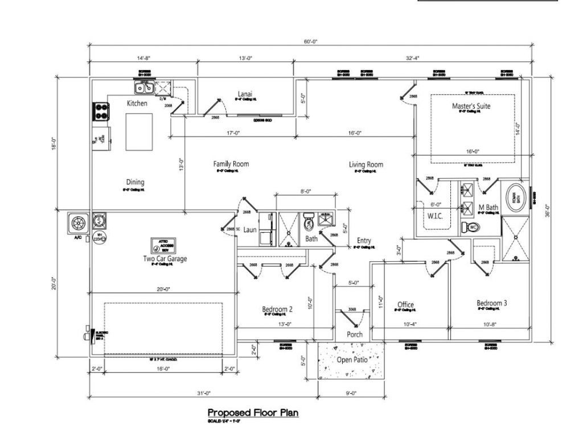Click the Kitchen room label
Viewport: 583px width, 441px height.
[137, 104]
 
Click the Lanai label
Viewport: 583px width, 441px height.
[245, 94]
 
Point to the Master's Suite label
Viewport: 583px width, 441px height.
[471, 106]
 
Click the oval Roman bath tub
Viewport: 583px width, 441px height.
[515, 197]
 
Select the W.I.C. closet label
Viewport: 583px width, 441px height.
[436, 217]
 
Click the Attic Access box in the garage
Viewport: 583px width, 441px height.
[162, 246]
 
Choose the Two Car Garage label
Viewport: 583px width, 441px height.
[165, 259]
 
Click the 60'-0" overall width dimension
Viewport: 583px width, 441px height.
[310, 41]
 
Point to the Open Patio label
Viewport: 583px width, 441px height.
[352, 360]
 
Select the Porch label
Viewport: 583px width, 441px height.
[355, 335]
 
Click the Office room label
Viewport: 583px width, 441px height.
[405, 304]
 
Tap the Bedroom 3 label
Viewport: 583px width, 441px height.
[491, 303]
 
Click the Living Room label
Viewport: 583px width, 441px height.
[366, 165]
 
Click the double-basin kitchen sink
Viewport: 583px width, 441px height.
[144, 88]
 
